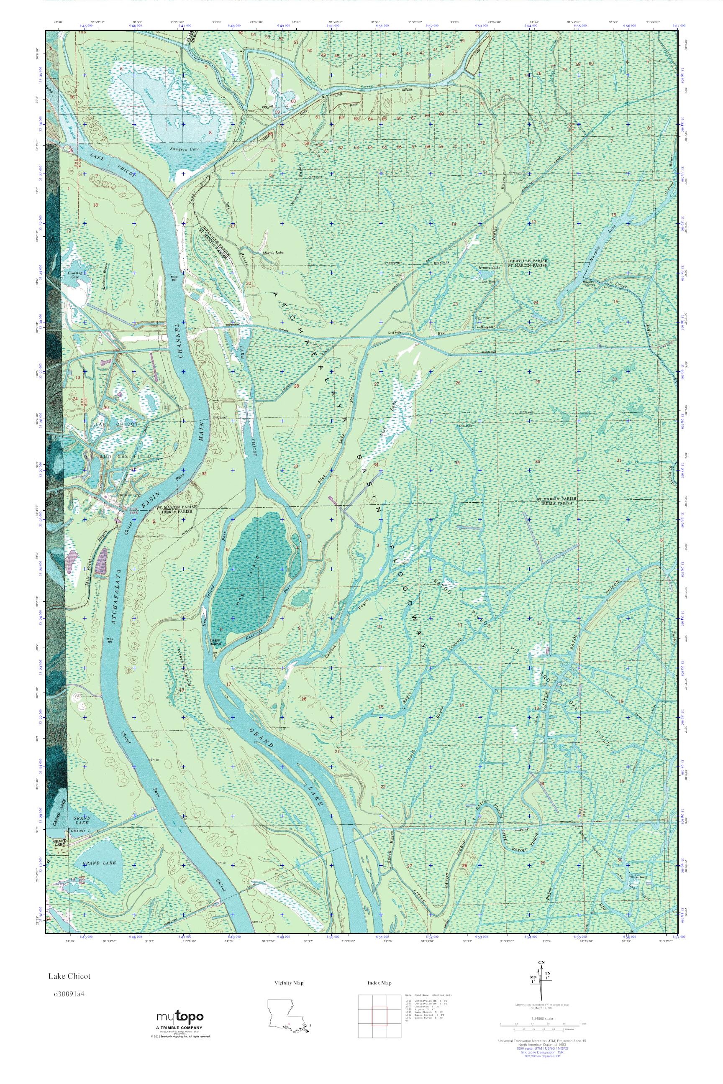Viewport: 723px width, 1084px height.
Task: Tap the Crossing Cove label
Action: [x=75, y=274]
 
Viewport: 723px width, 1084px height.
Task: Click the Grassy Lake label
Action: [x=489, y=267]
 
